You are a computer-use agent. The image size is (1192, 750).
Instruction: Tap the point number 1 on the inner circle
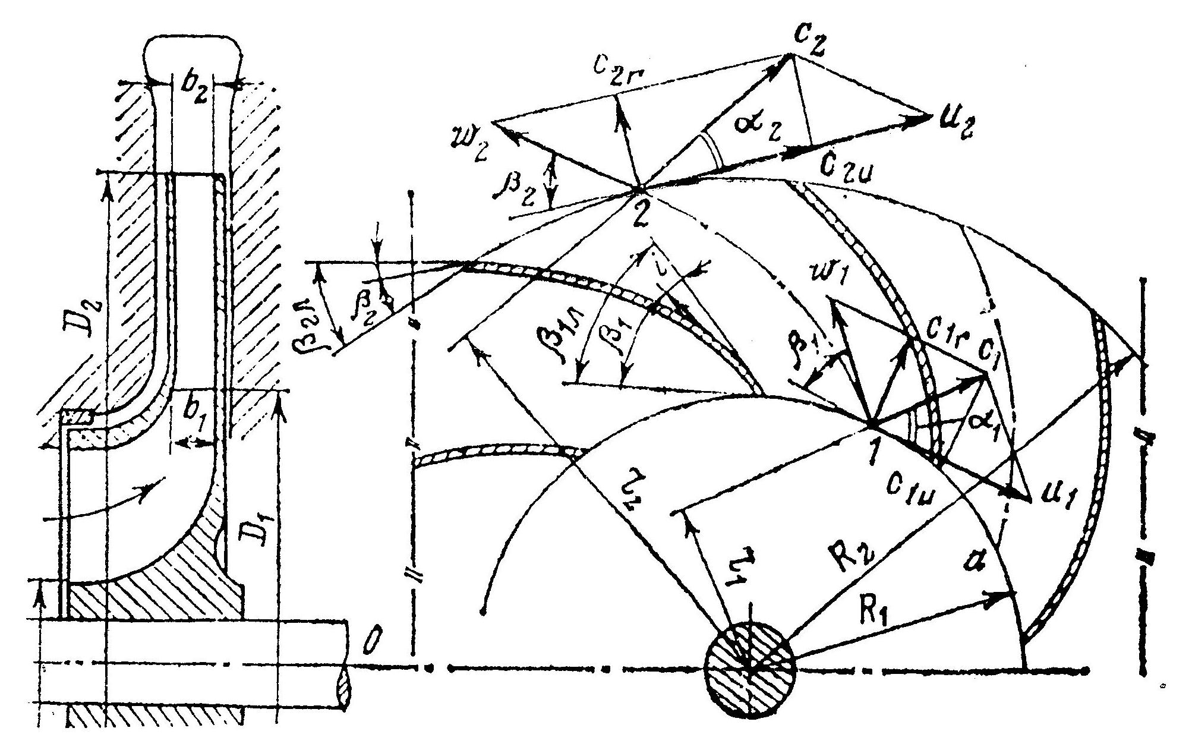pyautogui.click(x=871, y=453)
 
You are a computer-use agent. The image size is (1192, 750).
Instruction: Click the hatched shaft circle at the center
pyautogui.click(x=750, y=668)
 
